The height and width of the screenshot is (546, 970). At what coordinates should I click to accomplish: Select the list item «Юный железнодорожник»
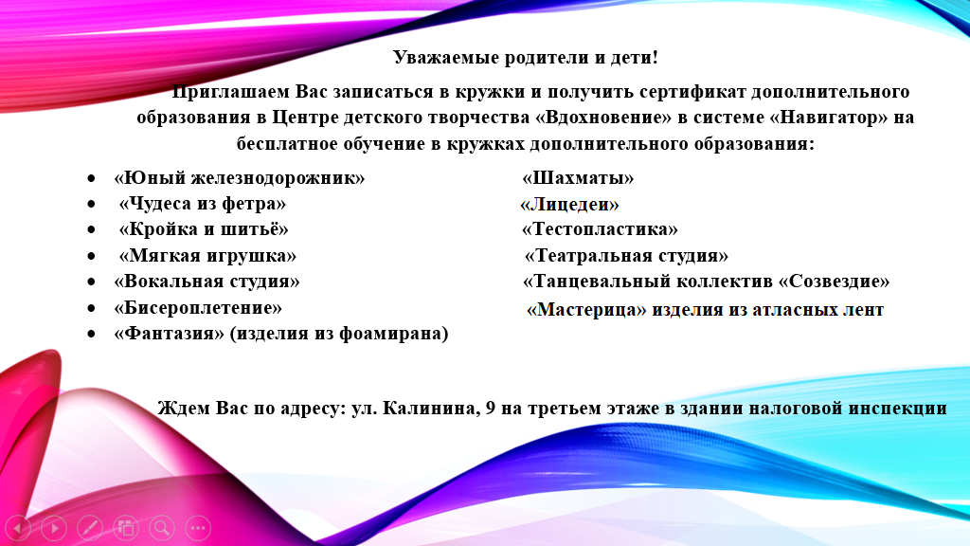[240, 178]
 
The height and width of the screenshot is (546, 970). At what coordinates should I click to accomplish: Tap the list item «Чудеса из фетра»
[203, 204]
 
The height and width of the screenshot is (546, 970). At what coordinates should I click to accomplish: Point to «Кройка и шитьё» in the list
[204, 229]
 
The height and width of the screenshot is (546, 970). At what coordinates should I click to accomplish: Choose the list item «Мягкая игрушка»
[207, 255]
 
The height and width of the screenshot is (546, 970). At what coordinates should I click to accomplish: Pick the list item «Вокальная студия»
[207, 281]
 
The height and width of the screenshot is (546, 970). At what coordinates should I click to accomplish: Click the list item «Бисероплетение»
[198, 308]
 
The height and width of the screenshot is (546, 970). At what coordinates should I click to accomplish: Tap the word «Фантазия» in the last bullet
[169, 333]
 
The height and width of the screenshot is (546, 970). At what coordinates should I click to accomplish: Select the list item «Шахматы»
[578, 178]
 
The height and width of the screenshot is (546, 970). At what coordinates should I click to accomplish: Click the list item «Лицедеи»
[569, 205]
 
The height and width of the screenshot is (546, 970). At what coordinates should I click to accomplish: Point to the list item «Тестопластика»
[600, 229]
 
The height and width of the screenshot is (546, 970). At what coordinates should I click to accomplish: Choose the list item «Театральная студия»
[626, 255]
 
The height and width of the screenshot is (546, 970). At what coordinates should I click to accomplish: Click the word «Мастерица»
[586, 309]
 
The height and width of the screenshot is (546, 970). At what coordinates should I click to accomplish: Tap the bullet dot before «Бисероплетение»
[92, 308]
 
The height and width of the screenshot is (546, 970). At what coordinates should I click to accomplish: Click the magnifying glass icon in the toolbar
[162, 528]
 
